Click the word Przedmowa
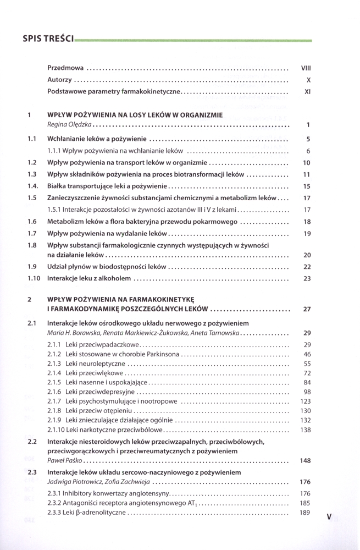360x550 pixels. click(65, 68)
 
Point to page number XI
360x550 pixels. click(308, 92)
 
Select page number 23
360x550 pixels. click(307, 279)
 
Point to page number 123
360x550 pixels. click(306, 402)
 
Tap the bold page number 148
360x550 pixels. click(306, 460)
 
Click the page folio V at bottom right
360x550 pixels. click(329, 516)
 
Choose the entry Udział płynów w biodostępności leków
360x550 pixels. click(107, 266)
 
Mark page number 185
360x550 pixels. click(306, 503)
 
